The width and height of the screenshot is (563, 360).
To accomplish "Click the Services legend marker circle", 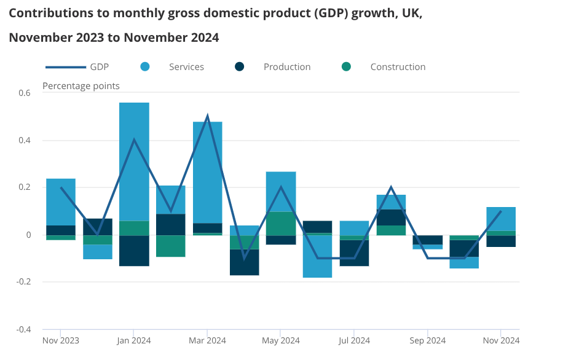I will click(146, 67).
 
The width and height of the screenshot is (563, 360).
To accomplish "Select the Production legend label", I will click(287, 67).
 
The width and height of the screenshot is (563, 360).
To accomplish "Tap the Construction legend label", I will click(398, 67).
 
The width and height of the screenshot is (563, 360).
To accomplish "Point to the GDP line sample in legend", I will click(65, 67).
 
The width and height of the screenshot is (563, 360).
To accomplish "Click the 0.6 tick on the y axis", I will click(24, 93).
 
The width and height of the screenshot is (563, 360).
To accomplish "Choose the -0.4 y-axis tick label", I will click(23, 329).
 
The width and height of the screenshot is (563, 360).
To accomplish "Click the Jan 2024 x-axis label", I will click(133, 340).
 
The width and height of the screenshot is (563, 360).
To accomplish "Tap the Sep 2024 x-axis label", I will click(427, 340).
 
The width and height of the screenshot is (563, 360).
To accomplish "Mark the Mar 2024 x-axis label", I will click(207, 340).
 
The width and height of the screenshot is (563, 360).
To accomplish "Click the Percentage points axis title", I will click(81, 86).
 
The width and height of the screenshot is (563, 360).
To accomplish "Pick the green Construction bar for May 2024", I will click(281, 224).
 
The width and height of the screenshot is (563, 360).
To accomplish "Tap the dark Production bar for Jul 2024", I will click(354, 252).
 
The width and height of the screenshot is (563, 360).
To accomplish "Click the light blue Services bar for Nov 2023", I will click(61, 202).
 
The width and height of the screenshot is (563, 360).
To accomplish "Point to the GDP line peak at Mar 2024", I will click(208, 116).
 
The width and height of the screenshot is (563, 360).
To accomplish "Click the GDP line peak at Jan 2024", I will click(134, 140).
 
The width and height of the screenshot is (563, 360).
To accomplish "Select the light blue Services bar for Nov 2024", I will click(501, 219).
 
